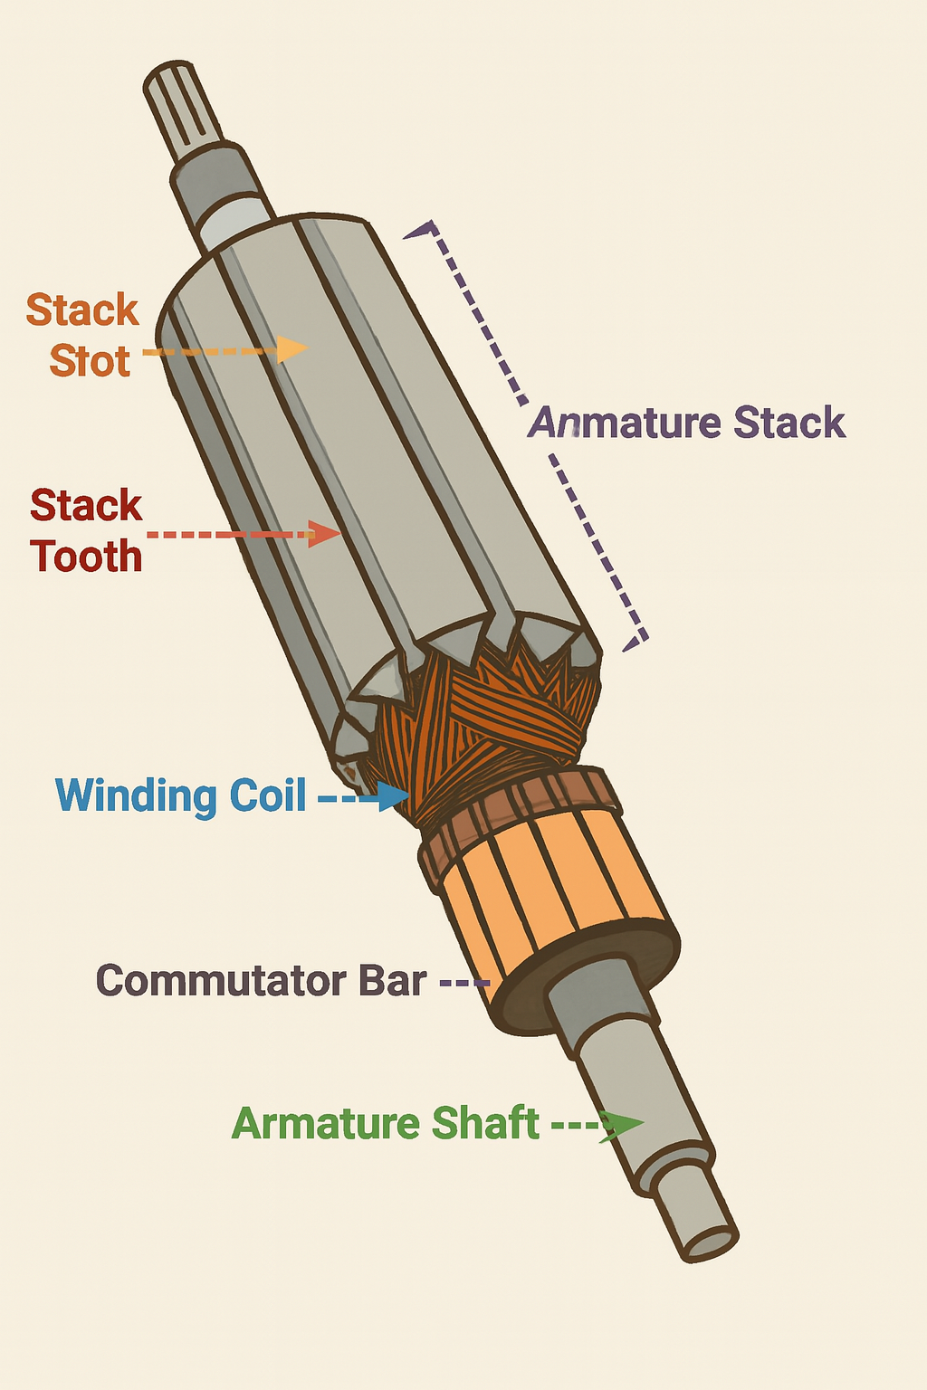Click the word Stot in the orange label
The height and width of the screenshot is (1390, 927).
90,361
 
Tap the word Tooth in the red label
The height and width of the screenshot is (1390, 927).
86,556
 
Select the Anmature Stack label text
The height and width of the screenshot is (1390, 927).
686,423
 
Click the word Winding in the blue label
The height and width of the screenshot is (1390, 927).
137,795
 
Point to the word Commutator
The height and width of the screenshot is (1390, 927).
220,981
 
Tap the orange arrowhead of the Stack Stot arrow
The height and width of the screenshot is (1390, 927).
291,348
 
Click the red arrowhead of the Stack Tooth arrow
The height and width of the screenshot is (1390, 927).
324,534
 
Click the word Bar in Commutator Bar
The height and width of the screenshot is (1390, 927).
392,981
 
